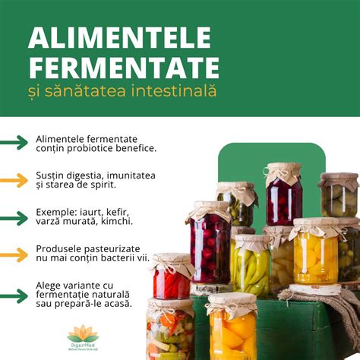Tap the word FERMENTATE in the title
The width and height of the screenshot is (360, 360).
pos(124,67)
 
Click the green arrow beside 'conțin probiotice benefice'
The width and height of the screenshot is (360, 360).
pos(14,143)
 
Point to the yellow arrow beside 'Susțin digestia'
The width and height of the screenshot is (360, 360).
pos(14,180)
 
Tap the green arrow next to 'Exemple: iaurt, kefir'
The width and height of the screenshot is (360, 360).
pos(14,216)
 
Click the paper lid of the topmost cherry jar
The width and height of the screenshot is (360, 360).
pos(283,169)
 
